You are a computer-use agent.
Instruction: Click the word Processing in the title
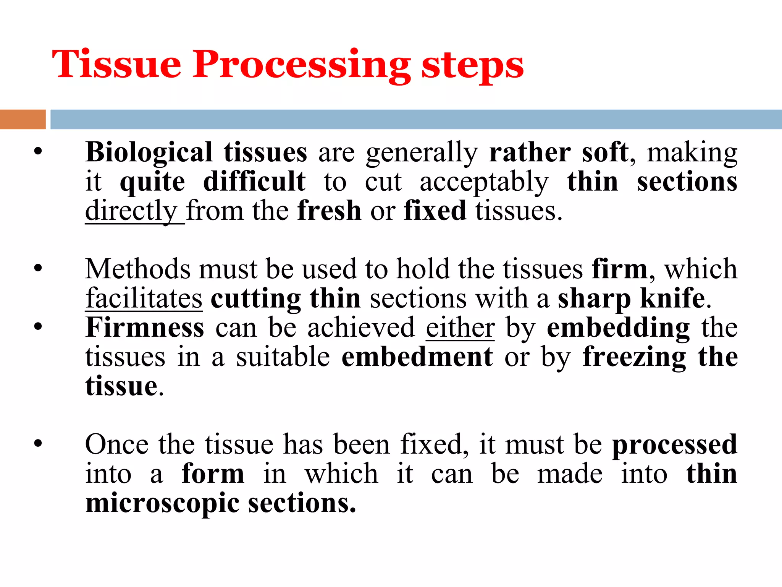302,65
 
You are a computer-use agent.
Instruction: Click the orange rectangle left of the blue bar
23,119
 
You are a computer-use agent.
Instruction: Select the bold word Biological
149,152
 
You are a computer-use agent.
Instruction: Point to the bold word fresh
329,211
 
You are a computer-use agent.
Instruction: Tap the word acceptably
484,182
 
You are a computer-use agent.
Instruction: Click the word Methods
137,269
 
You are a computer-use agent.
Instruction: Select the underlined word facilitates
144,298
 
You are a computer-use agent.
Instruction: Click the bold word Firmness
145,328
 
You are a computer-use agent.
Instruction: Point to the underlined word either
460,328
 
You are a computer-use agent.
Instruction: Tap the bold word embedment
417,357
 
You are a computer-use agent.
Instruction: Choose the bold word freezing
634,358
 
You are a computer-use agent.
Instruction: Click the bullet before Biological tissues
37,152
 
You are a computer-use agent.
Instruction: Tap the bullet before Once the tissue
37,444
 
